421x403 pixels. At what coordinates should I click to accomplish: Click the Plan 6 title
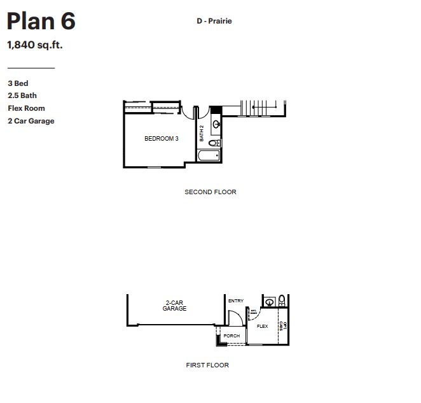41,21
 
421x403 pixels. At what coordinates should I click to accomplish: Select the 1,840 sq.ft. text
34,45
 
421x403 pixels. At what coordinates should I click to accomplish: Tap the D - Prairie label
214,21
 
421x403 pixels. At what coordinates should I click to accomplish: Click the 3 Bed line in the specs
18,83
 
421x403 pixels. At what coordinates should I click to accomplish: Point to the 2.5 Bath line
22,95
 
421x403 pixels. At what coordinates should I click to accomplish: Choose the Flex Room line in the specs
26,108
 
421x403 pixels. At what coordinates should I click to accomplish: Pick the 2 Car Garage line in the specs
31,121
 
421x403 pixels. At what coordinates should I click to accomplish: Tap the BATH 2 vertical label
202,132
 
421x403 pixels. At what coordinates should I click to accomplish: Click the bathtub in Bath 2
208,155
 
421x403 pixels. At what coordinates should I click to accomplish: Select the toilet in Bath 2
213,143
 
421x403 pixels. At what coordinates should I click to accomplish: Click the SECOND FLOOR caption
210,192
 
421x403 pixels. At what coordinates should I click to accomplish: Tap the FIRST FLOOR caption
207,365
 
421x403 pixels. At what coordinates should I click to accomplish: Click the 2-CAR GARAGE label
174,306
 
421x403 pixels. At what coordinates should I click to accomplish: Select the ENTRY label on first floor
235,300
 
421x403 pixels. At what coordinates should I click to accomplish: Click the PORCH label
231,336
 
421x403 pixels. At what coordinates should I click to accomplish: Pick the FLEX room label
262,326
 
